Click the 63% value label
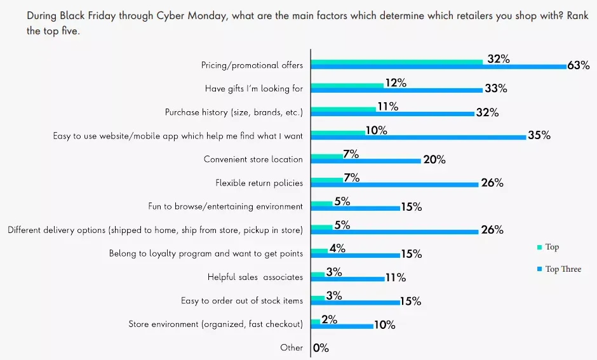(x=579, y=65)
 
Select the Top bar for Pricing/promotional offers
(x=397, y=62)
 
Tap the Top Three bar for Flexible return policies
(x=394, y=185)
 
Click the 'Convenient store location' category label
(x=253, y=159)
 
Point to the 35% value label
(x=539, y=135)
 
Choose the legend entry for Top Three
(x=563, y=269)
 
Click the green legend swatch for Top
(x=539, y=247)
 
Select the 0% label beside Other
(x=321, y=348)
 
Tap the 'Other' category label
(x=292, y=347)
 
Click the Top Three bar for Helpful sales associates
(x=347, y=279)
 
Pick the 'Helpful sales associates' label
(x=255, y=277)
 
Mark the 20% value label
(x=434, y=160)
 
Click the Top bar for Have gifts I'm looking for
(x=347, y=85)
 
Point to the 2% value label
(x=329, y=319)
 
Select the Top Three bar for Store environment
(x=342, y=326)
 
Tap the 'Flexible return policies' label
(x=259, y=183)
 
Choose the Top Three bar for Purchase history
(x=392, y=114)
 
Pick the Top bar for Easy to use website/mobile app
(x=338, y=132)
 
